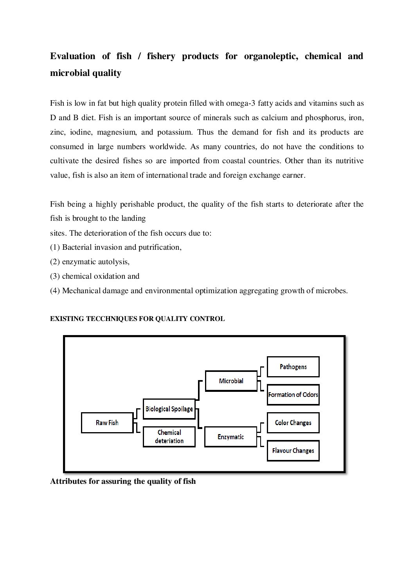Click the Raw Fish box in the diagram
107,423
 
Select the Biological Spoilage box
169,409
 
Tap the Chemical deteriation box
169,437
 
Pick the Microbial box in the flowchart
231,381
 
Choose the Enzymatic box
231,437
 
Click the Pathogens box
293,367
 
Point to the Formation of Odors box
293,395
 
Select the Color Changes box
293,423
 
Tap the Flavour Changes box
293,451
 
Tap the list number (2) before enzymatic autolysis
55,262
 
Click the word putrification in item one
159,247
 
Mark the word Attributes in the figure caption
68,481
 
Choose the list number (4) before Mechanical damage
55,291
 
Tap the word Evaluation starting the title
72,56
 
